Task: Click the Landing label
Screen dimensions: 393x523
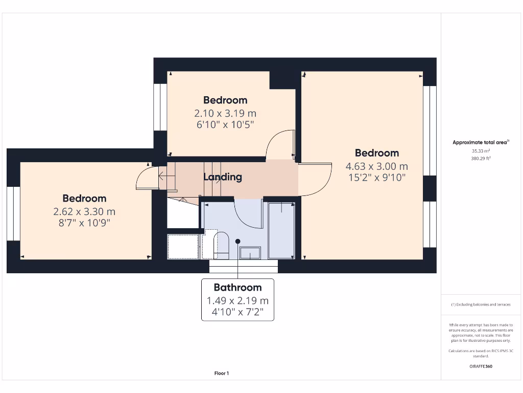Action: click(x=223, y=177)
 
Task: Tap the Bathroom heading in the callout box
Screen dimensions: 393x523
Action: click(x=237, y=288)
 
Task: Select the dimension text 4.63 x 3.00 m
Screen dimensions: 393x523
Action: click(x=377, y=166)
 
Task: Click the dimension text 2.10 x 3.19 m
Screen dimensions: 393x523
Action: click(x=225, y=113)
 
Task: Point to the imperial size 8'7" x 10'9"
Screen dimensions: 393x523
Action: click(x=85, y=223)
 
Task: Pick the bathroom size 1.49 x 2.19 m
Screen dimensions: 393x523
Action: click(x=237, y=301)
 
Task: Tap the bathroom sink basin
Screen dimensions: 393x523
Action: click(x=250, y=252)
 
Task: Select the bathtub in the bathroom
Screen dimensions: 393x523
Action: click(x=281, y=230)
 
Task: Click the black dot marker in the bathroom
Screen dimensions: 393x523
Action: click(x=237, y=241)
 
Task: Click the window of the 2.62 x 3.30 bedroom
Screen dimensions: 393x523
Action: click(x=13, y=213)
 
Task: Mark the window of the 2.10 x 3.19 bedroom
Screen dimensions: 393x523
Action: click(x=160, y=107)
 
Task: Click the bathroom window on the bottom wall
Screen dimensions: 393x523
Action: click(x=244, y=266)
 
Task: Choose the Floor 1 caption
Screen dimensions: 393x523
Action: click(x=222, y=374)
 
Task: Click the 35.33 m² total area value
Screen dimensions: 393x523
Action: click(x=481, y=151)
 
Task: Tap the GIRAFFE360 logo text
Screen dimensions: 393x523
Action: click(x=481, y=366)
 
